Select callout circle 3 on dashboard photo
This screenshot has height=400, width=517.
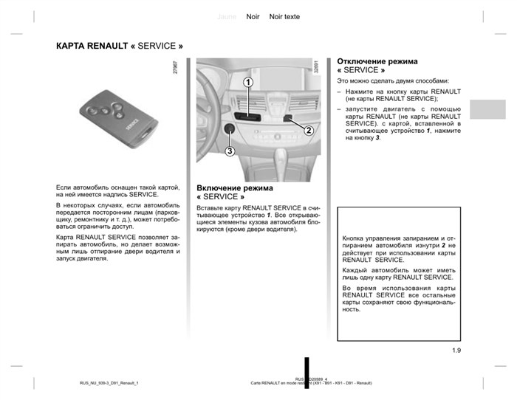230,151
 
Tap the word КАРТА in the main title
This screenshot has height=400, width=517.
71,46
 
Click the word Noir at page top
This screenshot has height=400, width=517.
253,16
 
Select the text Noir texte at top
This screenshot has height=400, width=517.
284,16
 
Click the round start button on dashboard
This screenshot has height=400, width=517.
230,130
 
